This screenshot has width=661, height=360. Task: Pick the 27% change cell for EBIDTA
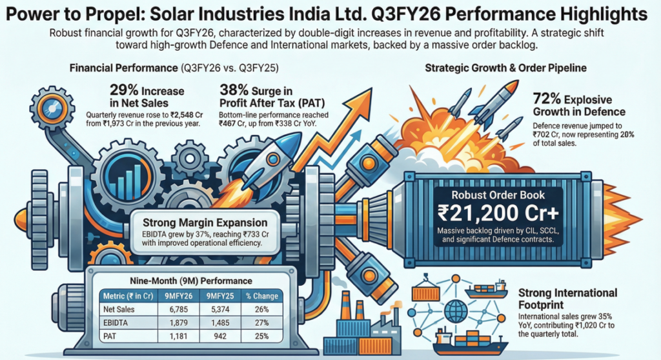(263, 322)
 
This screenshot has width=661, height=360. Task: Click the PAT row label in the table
(111, 335)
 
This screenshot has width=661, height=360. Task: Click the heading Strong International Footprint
(568, 299)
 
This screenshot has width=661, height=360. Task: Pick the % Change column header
(263, 296)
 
